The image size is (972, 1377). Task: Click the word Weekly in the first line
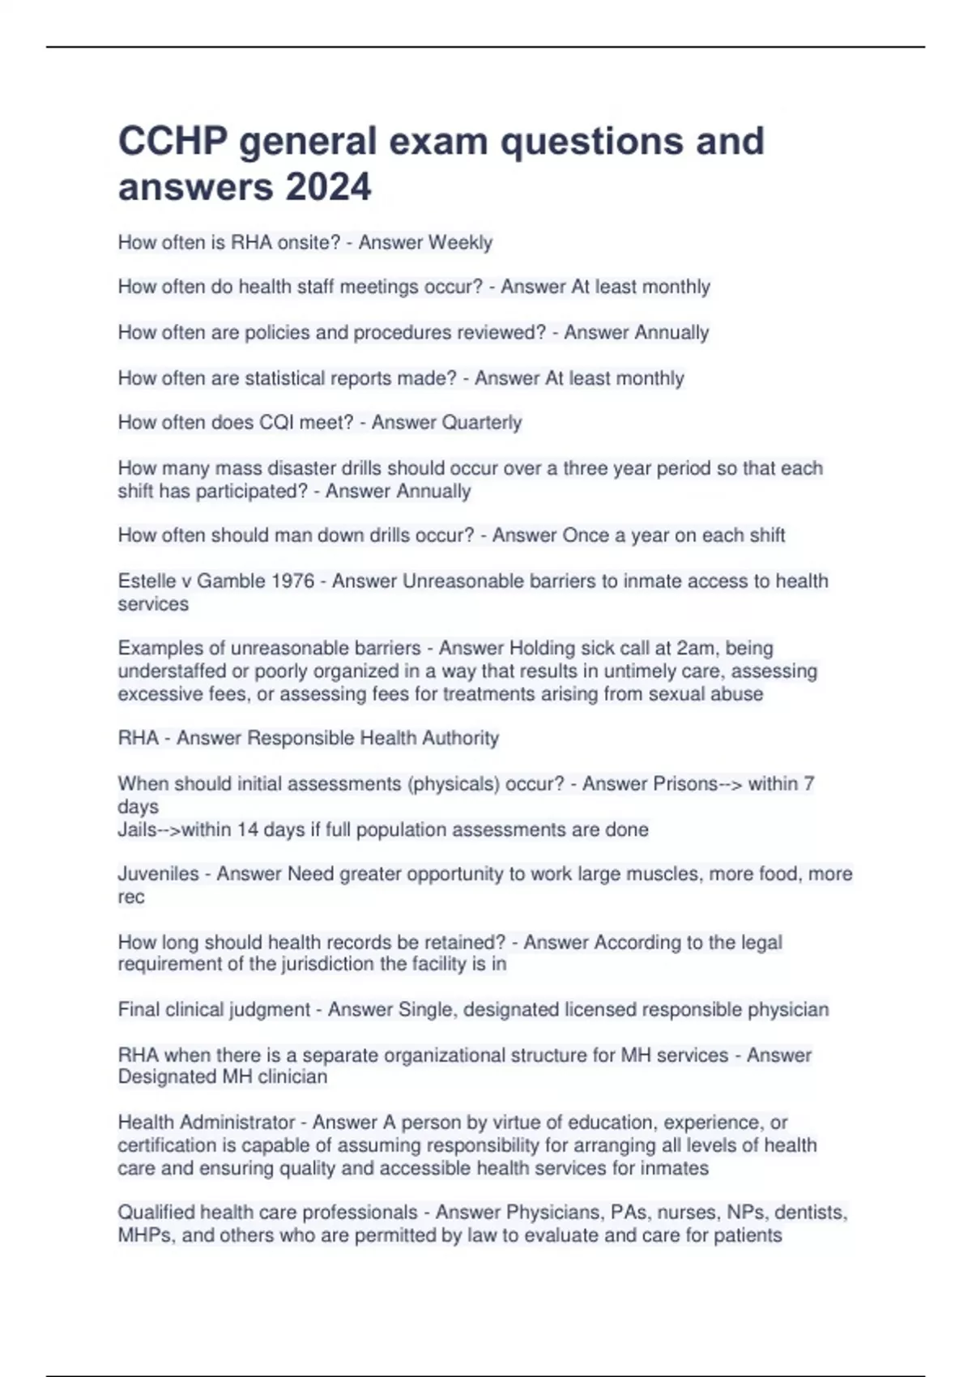pyautogui.click(x=460, y=243)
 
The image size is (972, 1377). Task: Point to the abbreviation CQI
pyautogui.click(x=279, y=423)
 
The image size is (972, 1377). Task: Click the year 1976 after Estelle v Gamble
pyautogui.click(x=292, y=581)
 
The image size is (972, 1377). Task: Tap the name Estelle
pyautogui.click(x=147, y=581)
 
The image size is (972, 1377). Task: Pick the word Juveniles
pyautogui.click(x=158, y=874)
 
